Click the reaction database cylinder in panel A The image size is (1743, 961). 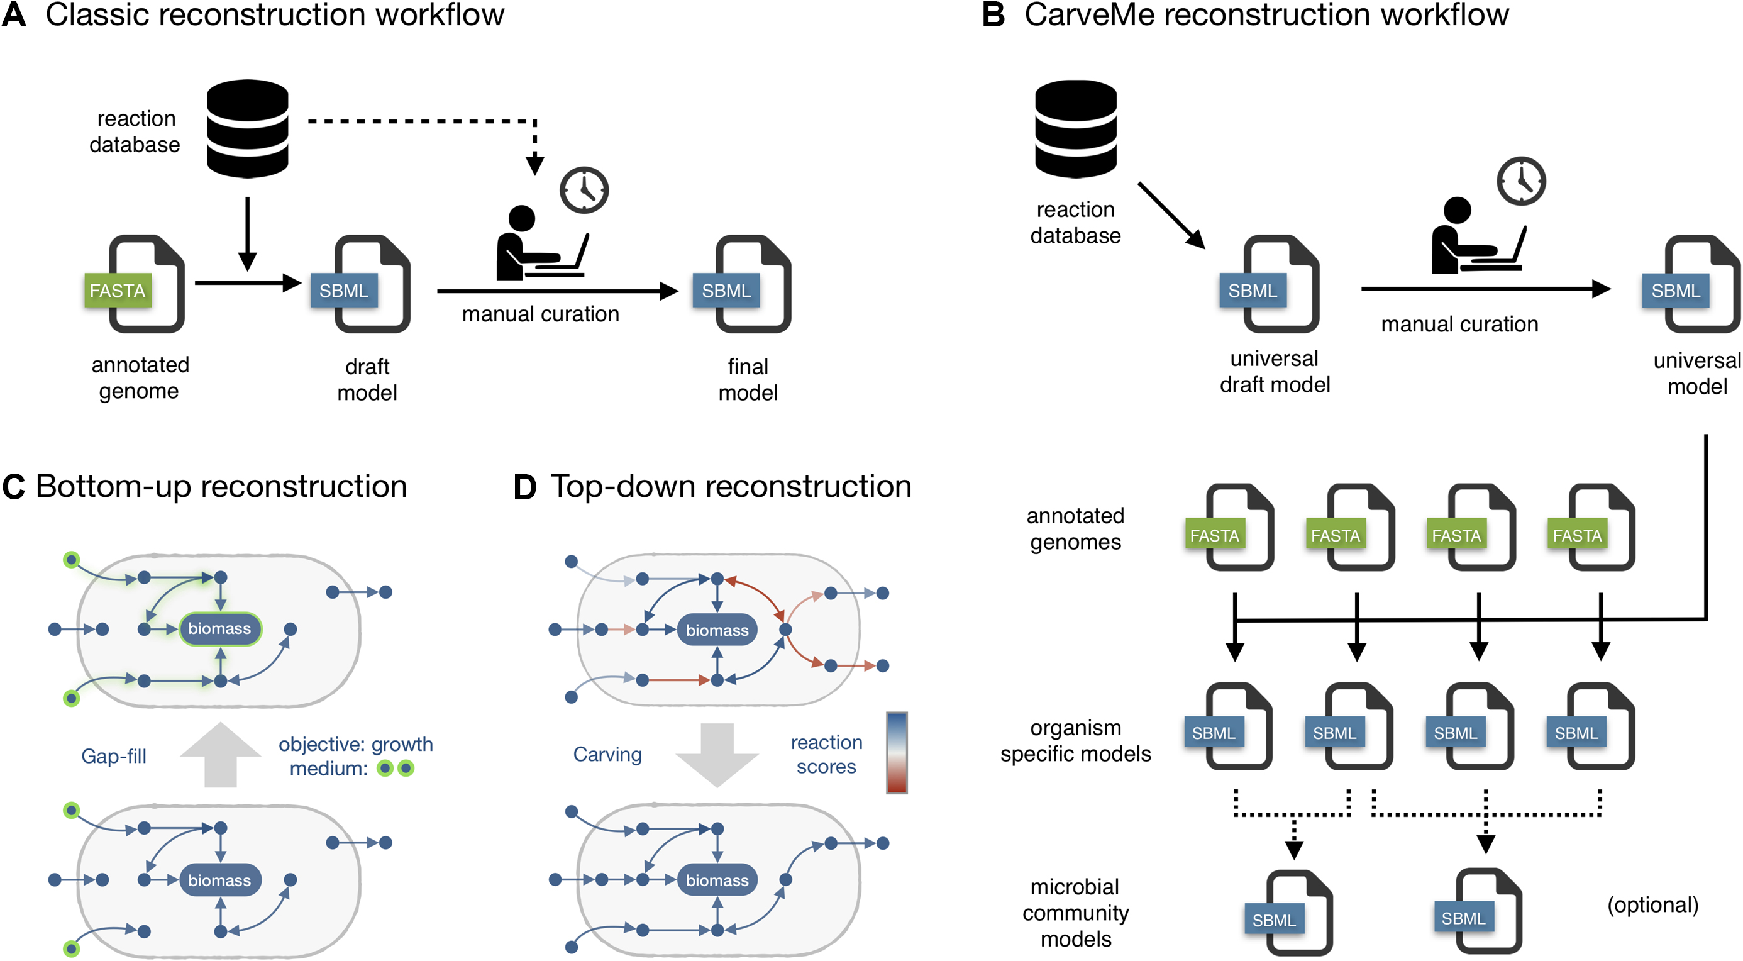click(x=248, y=128)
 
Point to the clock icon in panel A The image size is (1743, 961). click(x=584, y=190)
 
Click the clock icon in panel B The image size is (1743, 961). click(x=1521, y=181)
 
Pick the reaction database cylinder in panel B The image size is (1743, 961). click(x=1076, y=128)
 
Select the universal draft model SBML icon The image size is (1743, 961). click(x=1273, y=285)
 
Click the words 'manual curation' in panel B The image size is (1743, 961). click(x=1459, y=324)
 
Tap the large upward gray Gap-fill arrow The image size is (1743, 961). click(x=221, y=755)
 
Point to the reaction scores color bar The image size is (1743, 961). click(x=897, y=753)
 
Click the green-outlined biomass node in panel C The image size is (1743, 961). click(x=220, y=629)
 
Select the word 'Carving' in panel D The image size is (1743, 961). click(x=607, y=755)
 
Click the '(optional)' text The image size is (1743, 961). click(x=1652, y=905)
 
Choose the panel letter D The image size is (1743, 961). click(x=525, y=487)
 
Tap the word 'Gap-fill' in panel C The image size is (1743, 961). click(x=114, y=756)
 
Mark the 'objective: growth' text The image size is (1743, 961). click(x=356, y=744)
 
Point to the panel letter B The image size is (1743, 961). click(x=993, y=15)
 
